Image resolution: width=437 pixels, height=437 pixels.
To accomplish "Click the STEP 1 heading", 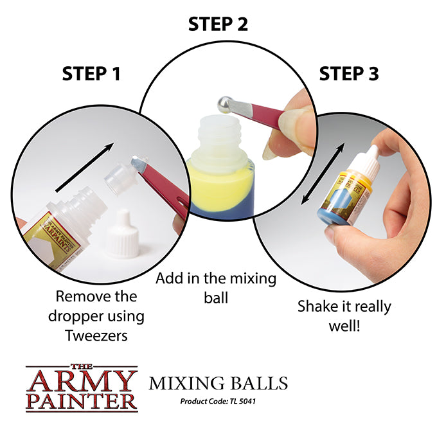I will (91, 74).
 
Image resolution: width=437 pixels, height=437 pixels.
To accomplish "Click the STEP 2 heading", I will (218, 24).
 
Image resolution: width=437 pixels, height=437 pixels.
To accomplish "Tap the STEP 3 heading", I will (348, 74).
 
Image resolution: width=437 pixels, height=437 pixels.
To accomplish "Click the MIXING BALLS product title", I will (218, 384).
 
